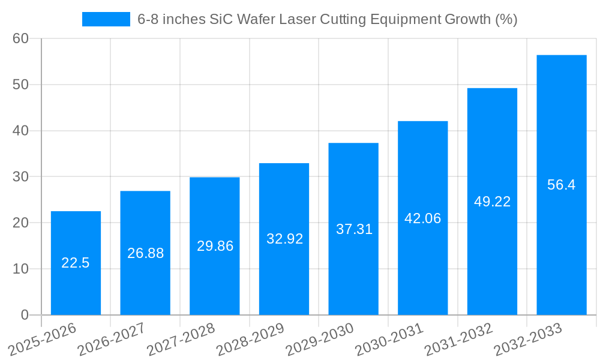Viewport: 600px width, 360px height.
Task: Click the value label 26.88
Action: (145, 253)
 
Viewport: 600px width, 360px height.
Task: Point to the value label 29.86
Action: (215, 246)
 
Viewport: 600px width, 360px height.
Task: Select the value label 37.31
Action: (353, 229)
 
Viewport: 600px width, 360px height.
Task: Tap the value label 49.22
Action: (492, 202)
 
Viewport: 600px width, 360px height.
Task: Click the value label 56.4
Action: (562, 185)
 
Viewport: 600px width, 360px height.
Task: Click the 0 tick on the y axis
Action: (25, 315)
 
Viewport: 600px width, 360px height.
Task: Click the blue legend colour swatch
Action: (106, 19)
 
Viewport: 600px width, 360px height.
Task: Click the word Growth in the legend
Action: (467, 19)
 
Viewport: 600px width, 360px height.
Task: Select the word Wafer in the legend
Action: (256, 19)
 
